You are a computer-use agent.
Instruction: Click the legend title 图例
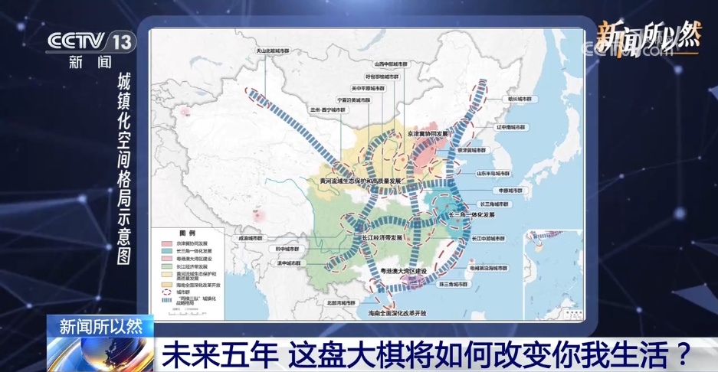pyautogui.click(x=187, y=232)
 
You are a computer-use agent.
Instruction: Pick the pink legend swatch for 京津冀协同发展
pyautogui.click(x=165, y=241)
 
